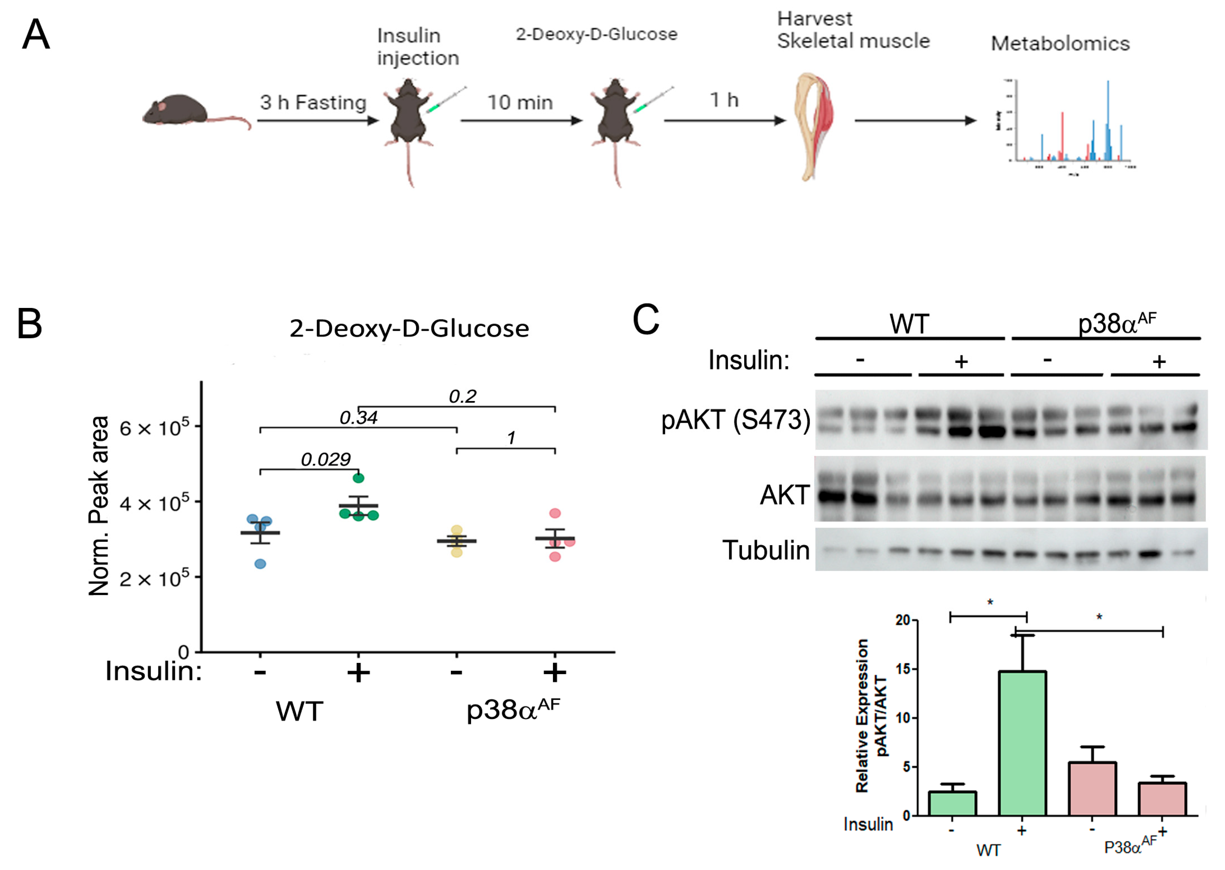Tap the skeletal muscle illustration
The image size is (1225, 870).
(814, 126)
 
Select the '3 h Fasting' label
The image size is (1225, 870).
(313, 102)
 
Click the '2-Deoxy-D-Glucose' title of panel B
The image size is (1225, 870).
(409, 328)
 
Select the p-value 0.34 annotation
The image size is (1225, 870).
(358, 417)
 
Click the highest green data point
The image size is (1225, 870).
(358, 478)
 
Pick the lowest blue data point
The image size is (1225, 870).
(260, 564)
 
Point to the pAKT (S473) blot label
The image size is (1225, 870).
(735, 419)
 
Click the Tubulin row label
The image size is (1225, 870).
(766, 550)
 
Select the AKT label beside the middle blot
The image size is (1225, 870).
(784, 495)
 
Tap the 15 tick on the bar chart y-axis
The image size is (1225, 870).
(903, 669)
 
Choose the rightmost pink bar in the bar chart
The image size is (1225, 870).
(1162, 799)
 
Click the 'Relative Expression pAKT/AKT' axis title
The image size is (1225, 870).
(870, 715)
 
